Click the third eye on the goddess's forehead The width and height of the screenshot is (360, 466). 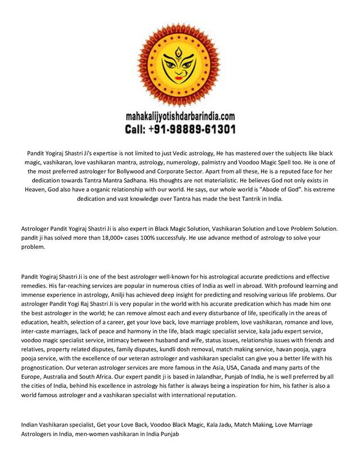click(x=179, y=55)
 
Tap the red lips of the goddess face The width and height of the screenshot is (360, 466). click(x=179, y=84)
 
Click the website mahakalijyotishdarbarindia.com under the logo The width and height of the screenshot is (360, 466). click(x=180, y=118)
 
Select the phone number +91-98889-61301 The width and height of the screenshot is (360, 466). click(x=195, y=129)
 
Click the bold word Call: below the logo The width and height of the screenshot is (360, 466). click(x=138, y=129)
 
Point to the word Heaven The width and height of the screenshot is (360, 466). click(x=38, y=189)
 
